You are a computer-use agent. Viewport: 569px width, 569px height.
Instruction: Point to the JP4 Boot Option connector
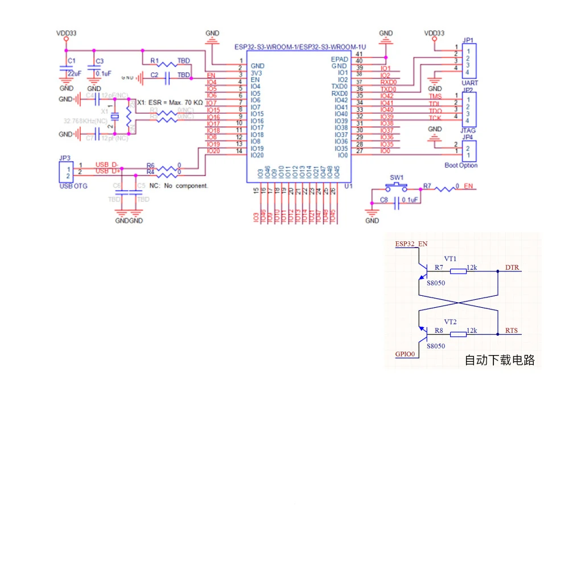(x=468, y=151)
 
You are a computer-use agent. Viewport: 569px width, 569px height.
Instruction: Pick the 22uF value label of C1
(x=74, y=73)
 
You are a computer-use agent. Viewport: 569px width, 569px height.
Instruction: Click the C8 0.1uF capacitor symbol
(x=397, y=200)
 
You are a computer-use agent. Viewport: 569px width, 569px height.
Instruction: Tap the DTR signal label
(x=512, y=267)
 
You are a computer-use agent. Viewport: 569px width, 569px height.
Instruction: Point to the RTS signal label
(x=512, y=331)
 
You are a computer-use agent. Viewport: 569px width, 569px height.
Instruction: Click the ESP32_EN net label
(x=411, y=244)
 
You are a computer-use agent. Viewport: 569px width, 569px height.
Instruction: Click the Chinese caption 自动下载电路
(x=500, y=360)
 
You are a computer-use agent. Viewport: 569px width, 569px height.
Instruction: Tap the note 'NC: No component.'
(x=178, y=186)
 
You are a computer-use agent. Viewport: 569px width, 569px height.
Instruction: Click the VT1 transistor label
(x=450, y=259)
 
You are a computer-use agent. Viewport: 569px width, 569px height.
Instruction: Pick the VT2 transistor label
(x=450, y=322)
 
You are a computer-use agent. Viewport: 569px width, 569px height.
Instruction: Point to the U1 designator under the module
(x=348, y=186)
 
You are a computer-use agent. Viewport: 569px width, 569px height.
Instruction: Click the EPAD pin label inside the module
(x=339, y=59)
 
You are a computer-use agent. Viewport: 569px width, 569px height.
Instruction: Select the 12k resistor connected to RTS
(x=458, y=335)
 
